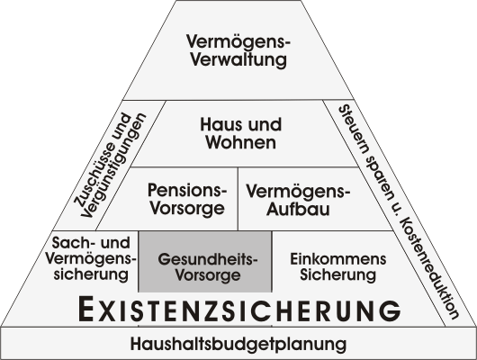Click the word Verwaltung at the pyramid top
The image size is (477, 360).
click(x=238, y=60)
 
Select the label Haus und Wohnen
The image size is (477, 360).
click(x=240, y=133)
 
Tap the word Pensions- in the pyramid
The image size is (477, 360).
click(x=187, y=190)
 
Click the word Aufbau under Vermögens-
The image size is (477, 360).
click(x=298, y=210)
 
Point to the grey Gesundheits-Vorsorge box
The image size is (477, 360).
click(x=205, y=261)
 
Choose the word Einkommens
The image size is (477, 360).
click(x=338, y=259)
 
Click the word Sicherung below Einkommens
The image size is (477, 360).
click(x=338, y=274)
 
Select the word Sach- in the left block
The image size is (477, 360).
click(x=71, y=242)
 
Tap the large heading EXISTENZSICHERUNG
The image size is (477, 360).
click(x=239, y=310)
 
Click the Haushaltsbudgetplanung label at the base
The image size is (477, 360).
click(x=238, y=344)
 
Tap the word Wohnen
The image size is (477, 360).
click(x=240, y=142)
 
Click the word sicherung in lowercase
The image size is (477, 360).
click(x=91, y=274)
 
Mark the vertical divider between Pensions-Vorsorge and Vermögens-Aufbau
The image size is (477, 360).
click(x=238, y=198)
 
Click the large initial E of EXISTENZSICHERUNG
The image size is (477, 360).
click(x=85, y=309)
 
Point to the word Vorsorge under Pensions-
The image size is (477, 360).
click(x=187, y=209)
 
